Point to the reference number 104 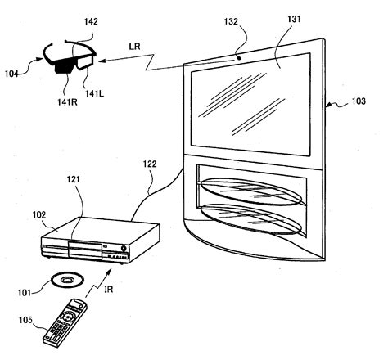(11, 73)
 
